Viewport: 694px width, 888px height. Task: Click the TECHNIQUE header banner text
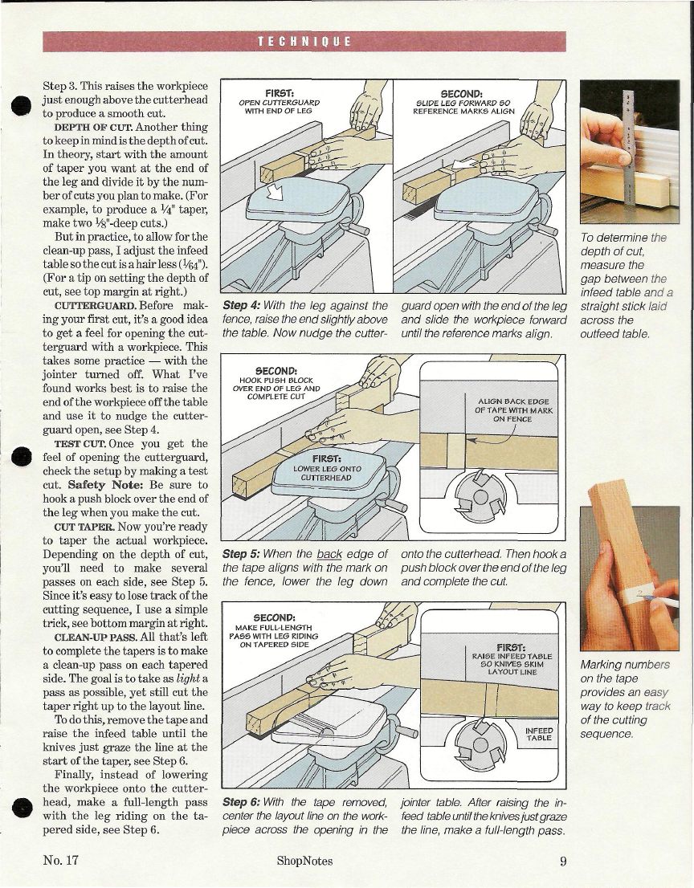304,43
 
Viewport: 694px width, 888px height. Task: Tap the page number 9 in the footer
565,862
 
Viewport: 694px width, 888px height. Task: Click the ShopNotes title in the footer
304,862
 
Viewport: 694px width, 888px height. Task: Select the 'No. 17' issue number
61,862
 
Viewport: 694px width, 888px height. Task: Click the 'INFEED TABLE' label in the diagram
537,734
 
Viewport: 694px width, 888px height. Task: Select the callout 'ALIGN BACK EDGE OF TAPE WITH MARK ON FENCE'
513,409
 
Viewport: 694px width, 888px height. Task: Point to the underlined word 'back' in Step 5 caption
329,554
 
